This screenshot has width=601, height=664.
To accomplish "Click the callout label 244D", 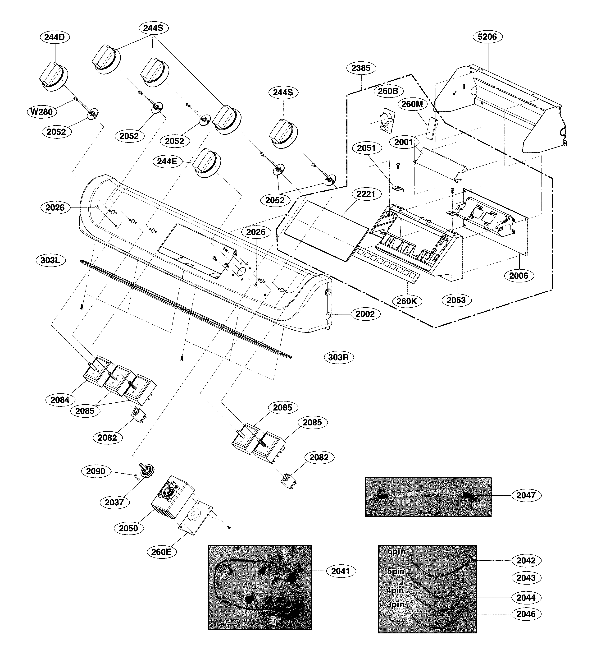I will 55,37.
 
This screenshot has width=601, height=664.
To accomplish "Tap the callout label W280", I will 41,112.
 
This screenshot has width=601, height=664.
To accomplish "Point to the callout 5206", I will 487,37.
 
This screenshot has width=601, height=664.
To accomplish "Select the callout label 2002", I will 365,314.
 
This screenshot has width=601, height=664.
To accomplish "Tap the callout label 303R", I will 338,357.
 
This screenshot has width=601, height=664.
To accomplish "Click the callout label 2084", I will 60,400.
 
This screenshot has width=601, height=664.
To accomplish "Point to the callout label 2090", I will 96,471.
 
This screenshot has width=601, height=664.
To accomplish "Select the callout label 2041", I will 340,571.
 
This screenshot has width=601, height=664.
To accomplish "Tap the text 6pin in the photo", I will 396,551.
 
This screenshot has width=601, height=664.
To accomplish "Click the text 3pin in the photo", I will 395,605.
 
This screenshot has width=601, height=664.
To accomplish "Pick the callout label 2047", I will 526,495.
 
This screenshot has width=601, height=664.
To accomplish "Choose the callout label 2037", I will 114,502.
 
